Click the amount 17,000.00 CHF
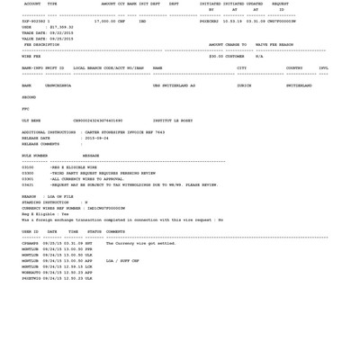coord(110,22)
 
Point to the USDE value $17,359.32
coord(61,27)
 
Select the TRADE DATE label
coord(32,33)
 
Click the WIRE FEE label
coord(31,57)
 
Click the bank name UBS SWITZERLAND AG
coord(174,85)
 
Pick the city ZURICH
coord(244,85)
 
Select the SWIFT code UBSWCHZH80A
coord(58,85)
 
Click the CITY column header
coord(241,68)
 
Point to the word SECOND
coord(29,97)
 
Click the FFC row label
coord(25,109)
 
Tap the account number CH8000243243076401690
coord(98,121)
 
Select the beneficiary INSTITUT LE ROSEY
coord(173,121)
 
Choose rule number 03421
coord(28,184)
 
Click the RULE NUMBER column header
coord(34,156)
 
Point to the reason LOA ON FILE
coord(60,196)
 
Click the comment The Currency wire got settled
coord(140,243)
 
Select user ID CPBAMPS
coord(30,243)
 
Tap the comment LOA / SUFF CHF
coord(122,261)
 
